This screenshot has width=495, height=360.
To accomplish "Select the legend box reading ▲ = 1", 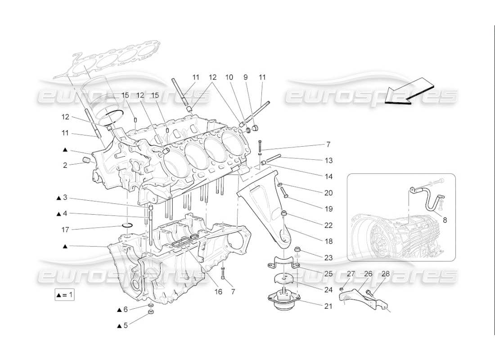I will pos(64,295).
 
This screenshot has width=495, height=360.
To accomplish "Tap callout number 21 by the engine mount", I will pos(328,306).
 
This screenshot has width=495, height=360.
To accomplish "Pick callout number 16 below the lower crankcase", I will pos(218,292).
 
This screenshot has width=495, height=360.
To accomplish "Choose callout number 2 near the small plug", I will pos(65,166).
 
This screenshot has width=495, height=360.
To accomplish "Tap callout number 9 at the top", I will pos(245,77).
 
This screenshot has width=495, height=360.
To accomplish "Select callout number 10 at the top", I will pos(230,77).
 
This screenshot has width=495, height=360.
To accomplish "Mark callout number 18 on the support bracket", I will pos(328,242).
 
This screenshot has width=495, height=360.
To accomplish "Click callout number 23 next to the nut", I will pos(328,257).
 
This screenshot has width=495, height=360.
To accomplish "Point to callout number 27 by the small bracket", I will pos(351,273).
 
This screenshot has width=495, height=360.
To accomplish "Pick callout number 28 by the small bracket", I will pos(385,273).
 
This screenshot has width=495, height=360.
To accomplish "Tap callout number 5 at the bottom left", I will pos(126,325).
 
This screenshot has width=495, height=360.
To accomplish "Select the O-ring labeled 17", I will pos(127,225).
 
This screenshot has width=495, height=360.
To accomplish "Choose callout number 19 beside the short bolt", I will pos(328,209).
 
